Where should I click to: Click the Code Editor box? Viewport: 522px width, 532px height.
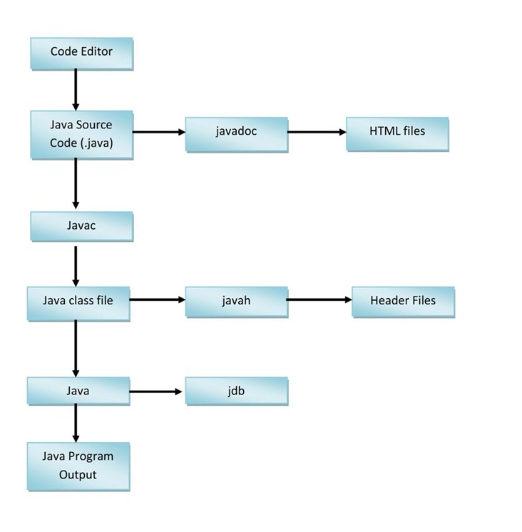[81, 52]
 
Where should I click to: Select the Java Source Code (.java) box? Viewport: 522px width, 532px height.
[81, 134]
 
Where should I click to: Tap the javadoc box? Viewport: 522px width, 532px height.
[236, 132]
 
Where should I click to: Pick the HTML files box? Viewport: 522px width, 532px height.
[397, 132]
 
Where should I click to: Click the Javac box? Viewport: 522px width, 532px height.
[81, 226]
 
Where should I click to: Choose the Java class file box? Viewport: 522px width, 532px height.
[78, 301]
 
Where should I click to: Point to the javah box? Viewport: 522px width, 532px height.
[236, 301]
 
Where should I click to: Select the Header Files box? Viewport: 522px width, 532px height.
[403, 301]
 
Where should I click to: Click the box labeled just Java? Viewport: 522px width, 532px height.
[78, 392]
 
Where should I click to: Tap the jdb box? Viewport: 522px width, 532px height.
[236, 392]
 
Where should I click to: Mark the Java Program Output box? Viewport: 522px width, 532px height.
[78, 466]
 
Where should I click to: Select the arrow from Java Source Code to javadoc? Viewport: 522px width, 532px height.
[158, 132]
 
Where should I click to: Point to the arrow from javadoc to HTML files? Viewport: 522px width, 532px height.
[317, 132]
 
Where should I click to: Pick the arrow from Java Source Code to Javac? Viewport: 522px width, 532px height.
[76, 183]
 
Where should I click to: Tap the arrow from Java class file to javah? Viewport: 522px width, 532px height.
[157, 300]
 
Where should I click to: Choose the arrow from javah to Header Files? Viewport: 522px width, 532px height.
[319, 300]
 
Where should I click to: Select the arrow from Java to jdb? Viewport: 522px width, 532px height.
[157, 392]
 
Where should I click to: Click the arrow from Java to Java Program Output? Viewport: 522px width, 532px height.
[76, 424]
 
